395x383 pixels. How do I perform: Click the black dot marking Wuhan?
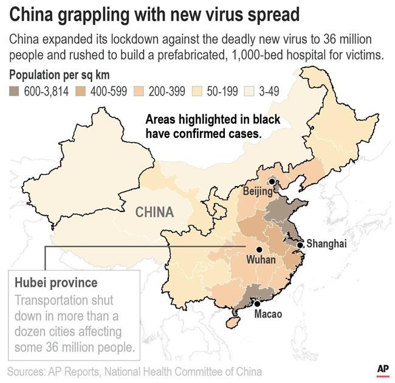click(259, 249)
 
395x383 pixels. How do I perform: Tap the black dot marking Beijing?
click(272, 181)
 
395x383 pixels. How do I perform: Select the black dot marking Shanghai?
click(300, 245)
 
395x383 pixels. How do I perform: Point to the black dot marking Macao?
click(257, 303)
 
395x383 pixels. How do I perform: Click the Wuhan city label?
click(261, 260)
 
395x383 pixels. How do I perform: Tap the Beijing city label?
click(258, 191)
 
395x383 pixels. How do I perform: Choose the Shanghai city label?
click(326, 244)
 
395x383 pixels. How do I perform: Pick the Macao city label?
click(267, 316)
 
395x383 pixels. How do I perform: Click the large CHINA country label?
click(154, 213)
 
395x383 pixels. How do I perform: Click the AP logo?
click(382, 370)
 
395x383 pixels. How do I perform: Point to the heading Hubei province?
click(55, 283)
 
